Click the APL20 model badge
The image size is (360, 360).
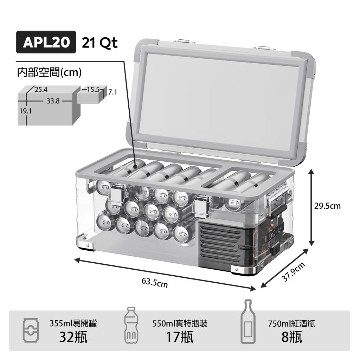tap(46, 43)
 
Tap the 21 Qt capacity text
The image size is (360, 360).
tap(99, 43)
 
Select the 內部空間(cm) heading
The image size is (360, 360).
tap(49, 73)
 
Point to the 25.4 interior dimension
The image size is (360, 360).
tap(41, 89)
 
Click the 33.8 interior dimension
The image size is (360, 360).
tap(53, 101)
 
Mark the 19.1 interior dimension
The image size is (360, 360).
tap(25, 111)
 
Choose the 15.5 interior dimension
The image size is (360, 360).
tap(93, 90)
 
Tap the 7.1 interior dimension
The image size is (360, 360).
tap(112, 92)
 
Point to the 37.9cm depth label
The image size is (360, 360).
tap(293, 272)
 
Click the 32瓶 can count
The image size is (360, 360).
tap(73, 337)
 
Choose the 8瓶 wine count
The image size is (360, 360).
tap(291, 337)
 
